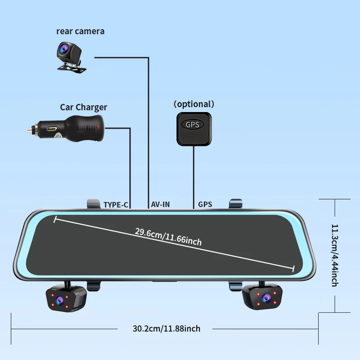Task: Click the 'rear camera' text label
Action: pyautogui.click(x=81, y=31)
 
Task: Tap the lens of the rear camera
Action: pyautogui.click(x=63, y=48)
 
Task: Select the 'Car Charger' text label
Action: pyautogui.click(x=83, y=107)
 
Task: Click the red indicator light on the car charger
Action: pyautogui.click(x=97, y=127)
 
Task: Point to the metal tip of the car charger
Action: pyautogui.click(x=29, y=130)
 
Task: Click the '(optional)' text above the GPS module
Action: pyautogui.click(x=194, y=104)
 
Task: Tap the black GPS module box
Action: pyautogui.click(x=194, y=129)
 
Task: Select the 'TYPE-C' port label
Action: pyautogui.click(x=116, y=205)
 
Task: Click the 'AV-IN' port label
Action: pyautogui.click(x=160, y=204)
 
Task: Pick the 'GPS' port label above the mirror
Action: pyautogui.click(x=205, y=204)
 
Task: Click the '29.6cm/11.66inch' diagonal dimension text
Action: pyautogui.click(x=168, y=237)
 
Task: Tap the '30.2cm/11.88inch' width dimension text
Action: pyautogui.click(x=166, y=328)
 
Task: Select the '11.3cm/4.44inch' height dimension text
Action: pyautogui.click(x=335, y=255)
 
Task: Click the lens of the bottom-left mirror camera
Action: pyautogui.click(x=59, y=300)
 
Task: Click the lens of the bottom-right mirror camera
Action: pyautogui.click(x=266, y=298)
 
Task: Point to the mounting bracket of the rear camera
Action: pyautogui.click(x=72, y=67)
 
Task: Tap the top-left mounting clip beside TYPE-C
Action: pyautogui.click(x=94, y=204)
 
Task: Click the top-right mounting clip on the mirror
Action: pyautogui.click(x=236, y=204)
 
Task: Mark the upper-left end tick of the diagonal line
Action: pyautogui.click(x=55, y=219)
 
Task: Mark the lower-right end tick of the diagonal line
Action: pyautogui.click(x=293, y=269)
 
